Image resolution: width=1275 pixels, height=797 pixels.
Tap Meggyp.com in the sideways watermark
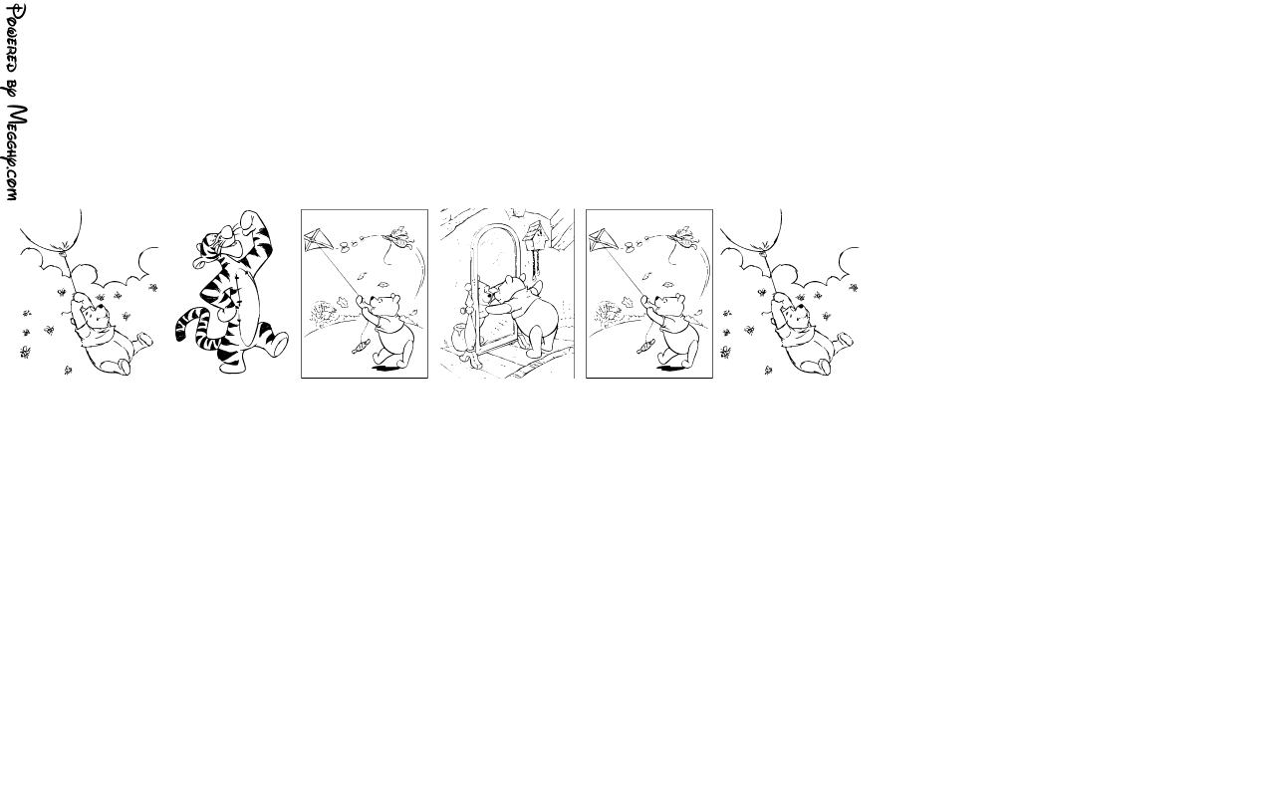click(16, 152)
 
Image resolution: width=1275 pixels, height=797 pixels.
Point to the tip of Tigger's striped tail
click(180, 336)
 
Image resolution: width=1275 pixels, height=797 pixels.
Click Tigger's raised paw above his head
click(248, 219)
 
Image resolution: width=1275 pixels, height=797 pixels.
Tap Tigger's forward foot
click(279, 345)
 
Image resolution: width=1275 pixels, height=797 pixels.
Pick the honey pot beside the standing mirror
click(458, 335)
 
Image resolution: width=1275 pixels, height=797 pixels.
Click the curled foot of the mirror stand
click(472, 359)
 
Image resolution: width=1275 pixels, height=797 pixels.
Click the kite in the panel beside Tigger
click(318, 241)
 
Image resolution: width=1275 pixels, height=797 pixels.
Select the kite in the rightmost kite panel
click(603, 241)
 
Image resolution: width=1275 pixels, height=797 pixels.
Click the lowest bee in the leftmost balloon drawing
click(68, 371)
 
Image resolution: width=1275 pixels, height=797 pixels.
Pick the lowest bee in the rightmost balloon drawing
click(768, 371)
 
